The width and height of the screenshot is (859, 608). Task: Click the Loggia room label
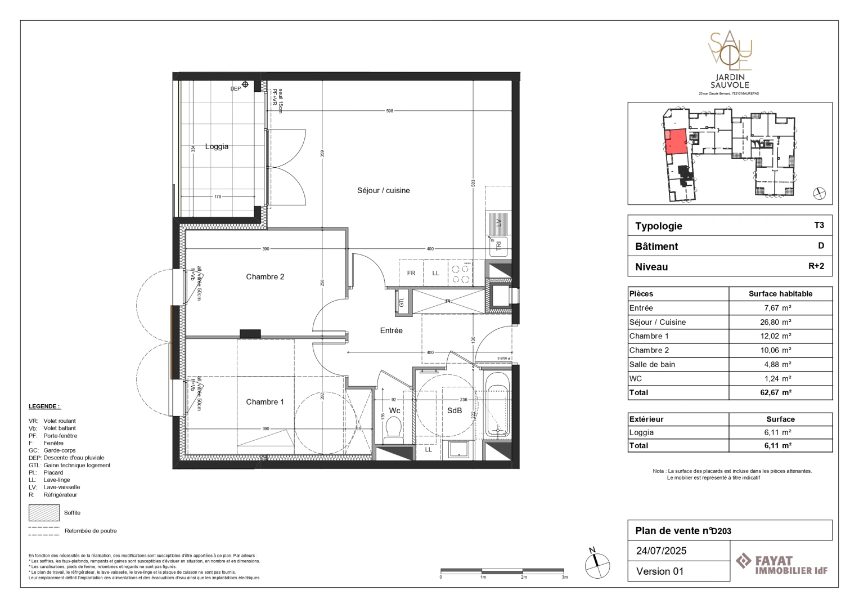(217, 146)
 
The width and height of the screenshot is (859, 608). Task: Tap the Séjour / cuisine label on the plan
(383, 190)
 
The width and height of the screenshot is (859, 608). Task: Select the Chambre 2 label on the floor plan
(265, 276)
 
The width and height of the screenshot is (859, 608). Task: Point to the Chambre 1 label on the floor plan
(265, 401)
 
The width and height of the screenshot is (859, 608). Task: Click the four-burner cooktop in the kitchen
(461, 273)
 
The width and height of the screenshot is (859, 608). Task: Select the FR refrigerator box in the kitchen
(411, 273)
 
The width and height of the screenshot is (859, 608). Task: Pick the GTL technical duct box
(402, 301)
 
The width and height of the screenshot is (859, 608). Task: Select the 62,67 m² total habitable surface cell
(780, 392)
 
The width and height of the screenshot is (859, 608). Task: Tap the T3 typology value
(818, 225)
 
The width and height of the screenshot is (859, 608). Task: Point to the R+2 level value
(816, 266)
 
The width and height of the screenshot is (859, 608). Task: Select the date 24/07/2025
(661, 551)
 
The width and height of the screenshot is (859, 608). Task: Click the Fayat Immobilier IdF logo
(781, 564)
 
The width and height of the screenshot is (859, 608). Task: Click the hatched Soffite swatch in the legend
(44, 513)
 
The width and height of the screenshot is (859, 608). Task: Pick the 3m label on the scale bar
(565, 577)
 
